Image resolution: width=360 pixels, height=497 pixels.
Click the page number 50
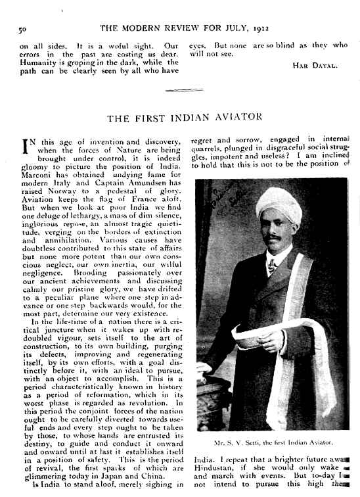pos(22,29)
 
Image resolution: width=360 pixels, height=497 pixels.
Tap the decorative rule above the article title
pos(179,89)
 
